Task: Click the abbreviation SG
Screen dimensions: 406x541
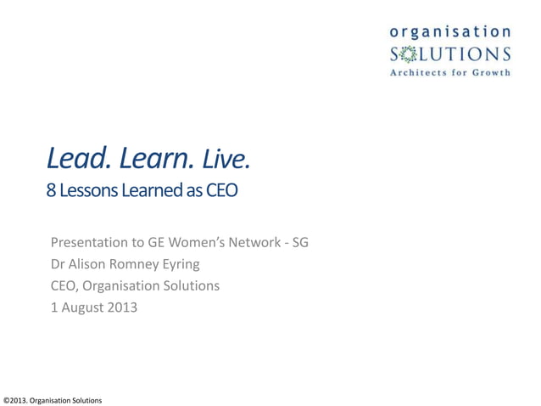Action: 299,243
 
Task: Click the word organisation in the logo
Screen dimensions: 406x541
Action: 450,31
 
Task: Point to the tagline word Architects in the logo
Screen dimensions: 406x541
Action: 421,73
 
